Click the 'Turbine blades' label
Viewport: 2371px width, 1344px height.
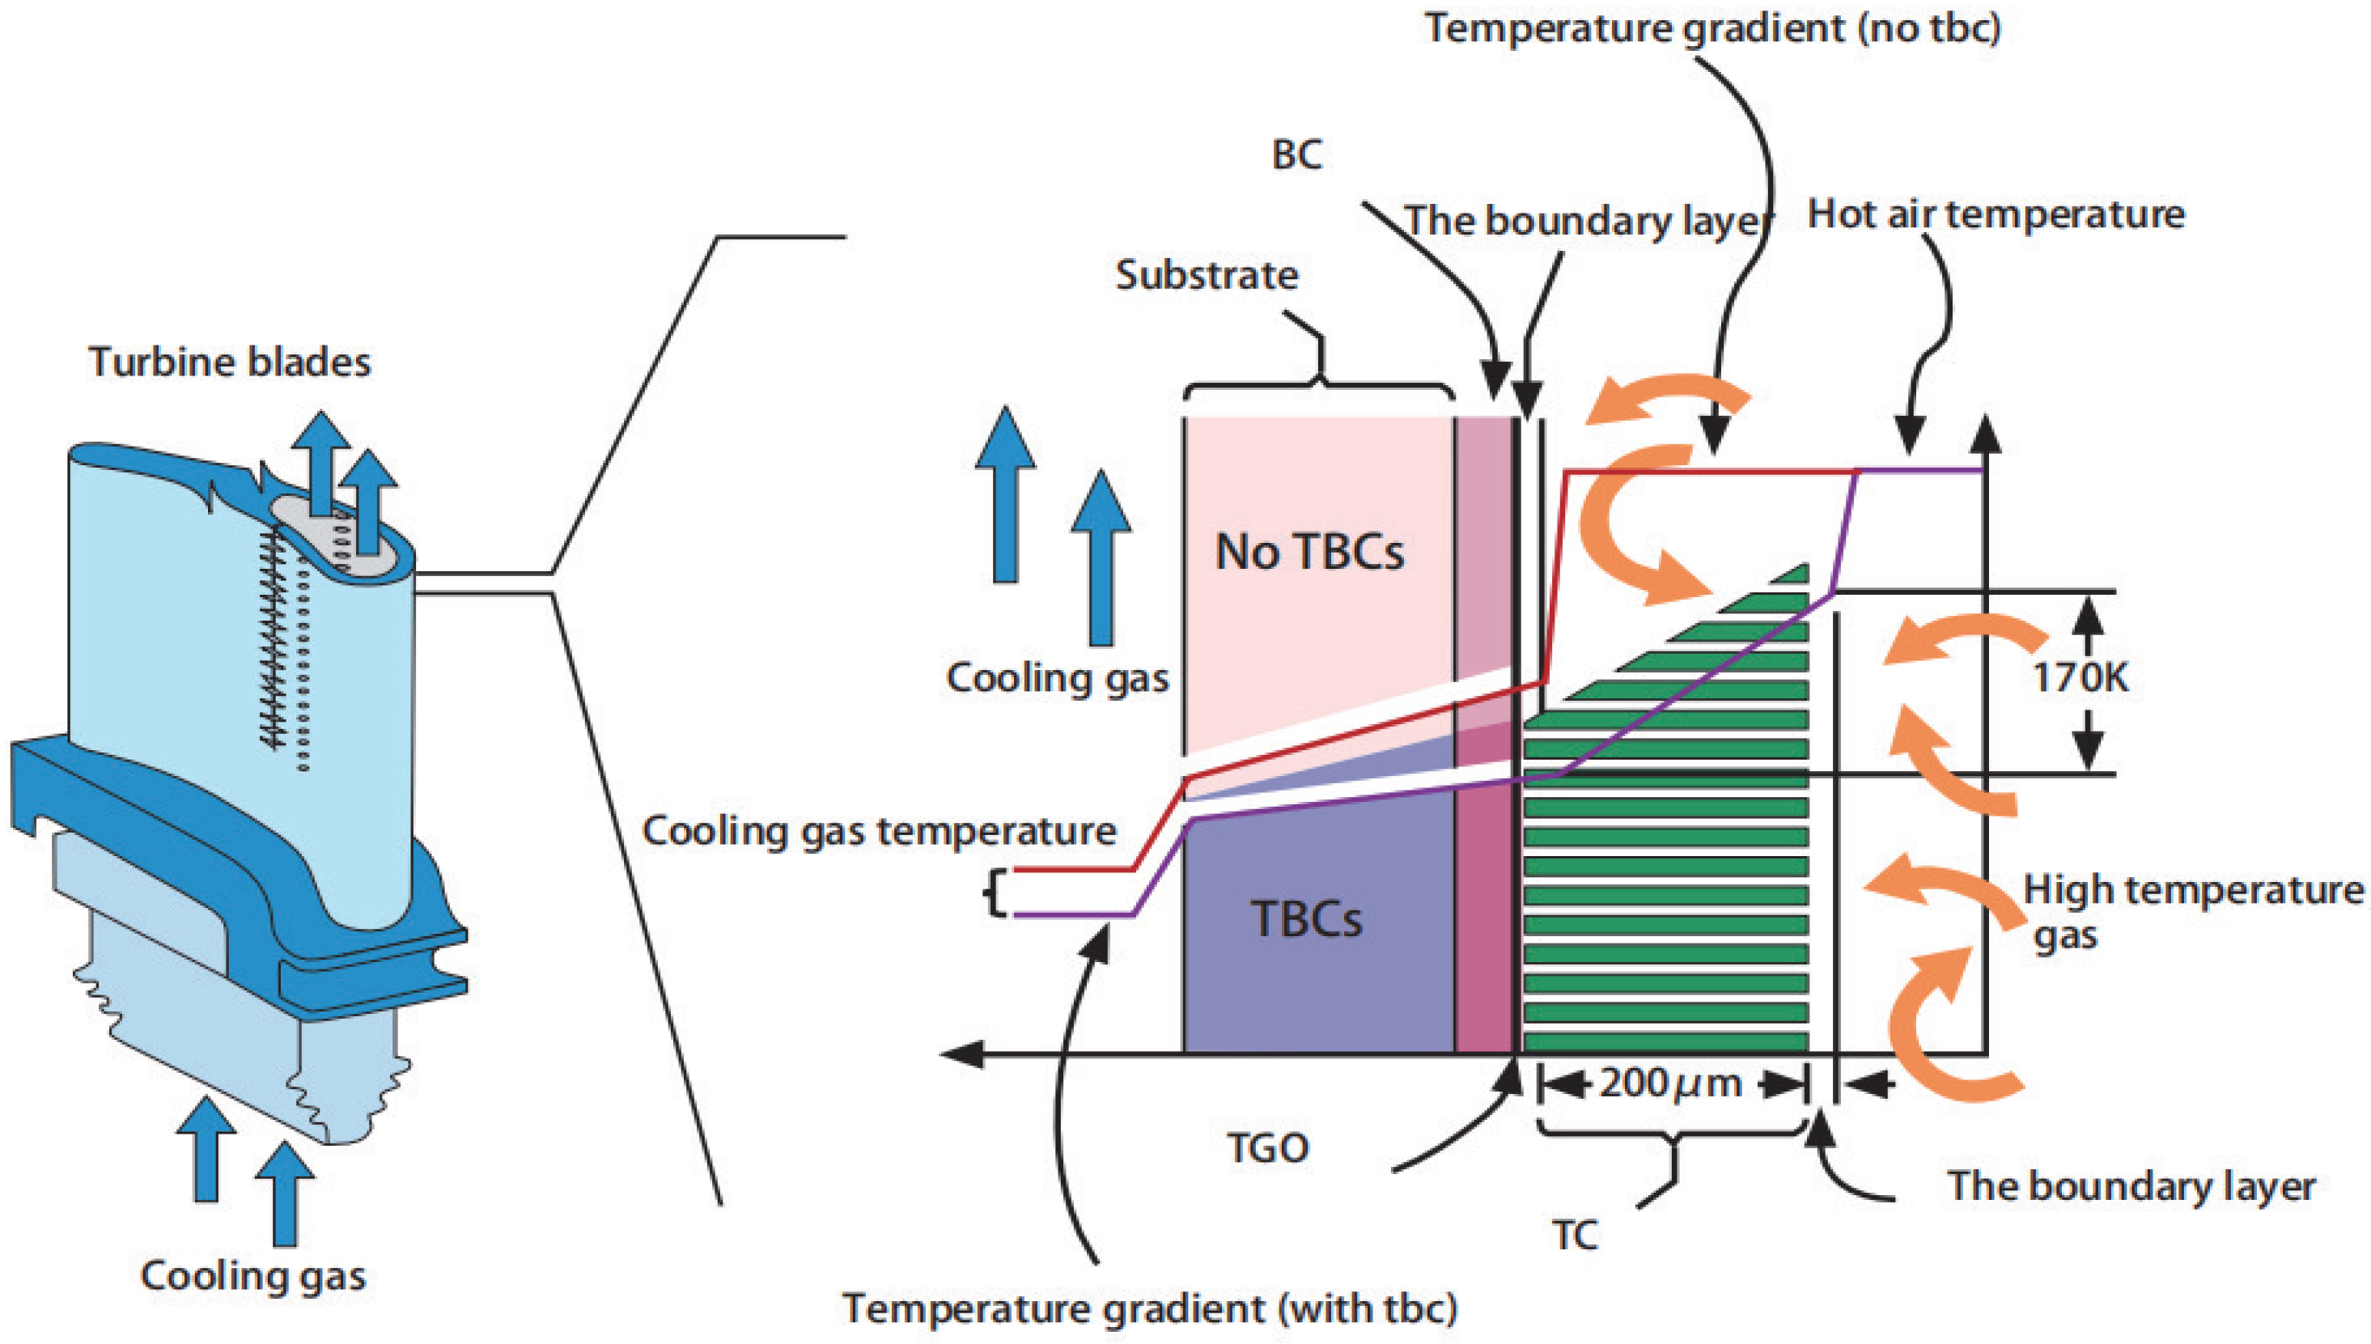[x=230, y=362]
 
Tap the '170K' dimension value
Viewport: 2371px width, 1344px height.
[x=2080, y=678]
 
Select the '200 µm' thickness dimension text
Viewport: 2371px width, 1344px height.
[x=1670, y=1083]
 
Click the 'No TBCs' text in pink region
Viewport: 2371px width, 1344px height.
[x=1309, y=553]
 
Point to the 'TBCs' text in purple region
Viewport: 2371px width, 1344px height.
[x=1306, y=919]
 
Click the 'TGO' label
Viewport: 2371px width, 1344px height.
[x=1268, y=1148]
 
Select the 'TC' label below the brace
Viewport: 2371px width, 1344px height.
[x=1575, y=1235]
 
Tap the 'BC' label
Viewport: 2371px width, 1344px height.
[x=1296, y=155]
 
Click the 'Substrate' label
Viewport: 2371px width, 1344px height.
[x=1207, y=275]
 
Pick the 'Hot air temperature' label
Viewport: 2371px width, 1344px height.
[x=1996, y=215]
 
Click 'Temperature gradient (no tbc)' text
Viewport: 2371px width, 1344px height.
[x=1713, y=28]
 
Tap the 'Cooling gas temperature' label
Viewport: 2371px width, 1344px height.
[x=880, y=832]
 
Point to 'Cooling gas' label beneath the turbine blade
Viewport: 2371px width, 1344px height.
[x=253, y=1276]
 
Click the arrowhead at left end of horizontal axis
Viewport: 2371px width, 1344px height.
[x=960, y=1054]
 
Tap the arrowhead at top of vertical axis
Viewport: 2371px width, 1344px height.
[x=1985, y=432]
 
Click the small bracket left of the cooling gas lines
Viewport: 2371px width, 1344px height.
[x=992, y=892]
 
